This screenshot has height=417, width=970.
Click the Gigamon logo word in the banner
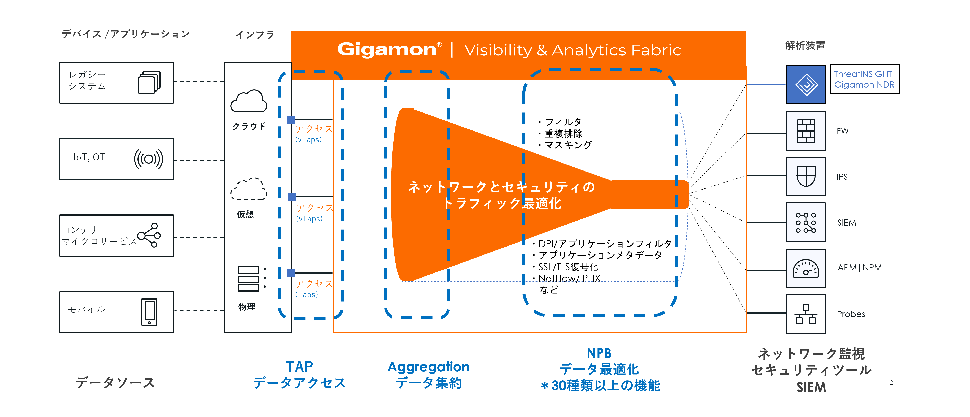tap(387, 49)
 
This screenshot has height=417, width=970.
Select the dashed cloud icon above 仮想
tap(249, 189)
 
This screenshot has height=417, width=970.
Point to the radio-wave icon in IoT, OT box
tap(148, 159)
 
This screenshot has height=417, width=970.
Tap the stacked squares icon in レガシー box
tap(149, 83)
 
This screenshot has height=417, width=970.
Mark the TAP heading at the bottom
tap(299, 366)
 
